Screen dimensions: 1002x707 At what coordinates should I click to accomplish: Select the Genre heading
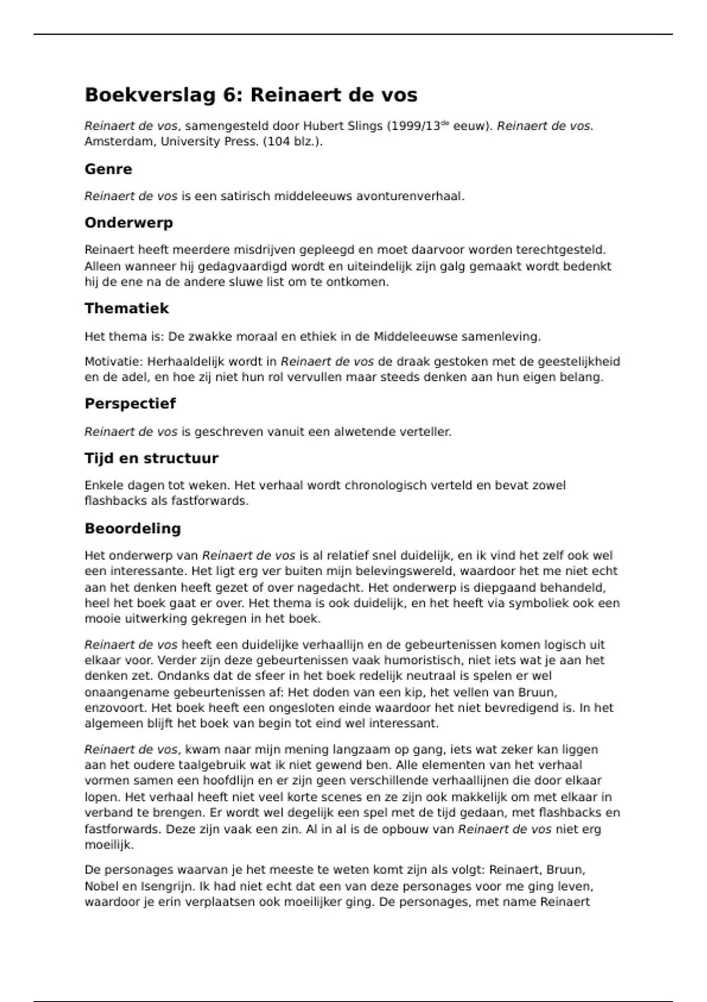[x=108, y=169]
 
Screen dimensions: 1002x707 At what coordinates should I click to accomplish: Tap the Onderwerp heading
[x=128, y=223]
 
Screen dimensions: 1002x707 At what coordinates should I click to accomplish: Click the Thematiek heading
[x=126, y=308]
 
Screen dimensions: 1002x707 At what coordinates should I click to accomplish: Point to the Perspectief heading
[x=130, y=404]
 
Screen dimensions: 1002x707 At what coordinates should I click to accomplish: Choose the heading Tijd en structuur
[x=151, y=459]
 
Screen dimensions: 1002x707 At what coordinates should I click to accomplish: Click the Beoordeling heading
[x=133, y=528]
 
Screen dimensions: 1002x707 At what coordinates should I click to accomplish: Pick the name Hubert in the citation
[x=323, y=126]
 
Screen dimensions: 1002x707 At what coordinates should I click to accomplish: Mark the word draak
[x=412, y=361]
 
